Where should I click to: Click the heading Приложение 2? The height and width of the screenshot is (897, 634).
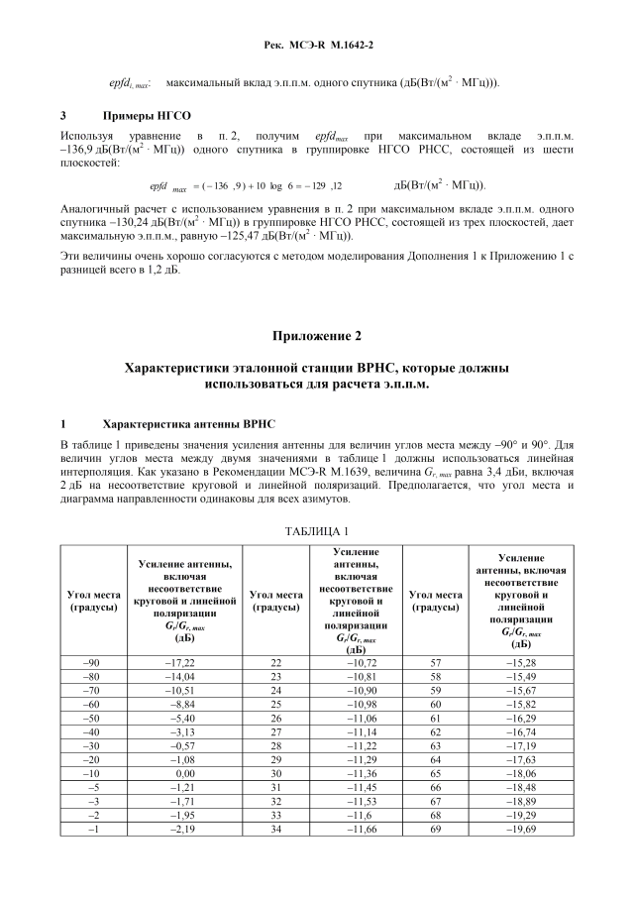(317, 337)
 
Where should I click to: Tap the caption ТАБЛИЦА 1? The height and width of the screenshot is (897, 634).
(317, 532)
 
